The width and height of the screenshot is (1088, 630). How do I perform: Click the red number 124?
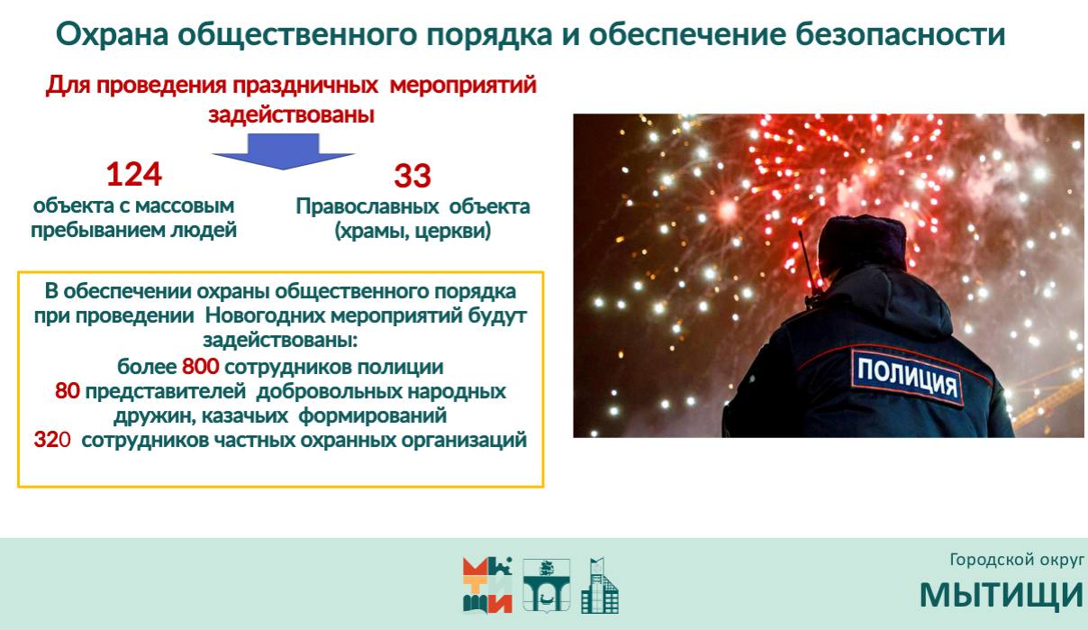click(133, 174)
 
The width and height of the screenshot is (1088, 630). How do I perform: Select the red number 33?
click(413, 176)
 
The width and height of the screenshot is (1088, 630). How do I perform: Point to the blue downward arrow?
click(284, 151)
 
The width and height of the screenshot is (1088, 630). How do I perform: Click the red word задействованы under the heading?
click(292, 114)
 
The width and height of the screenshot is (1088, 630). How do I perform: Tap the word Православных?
click(367, 206)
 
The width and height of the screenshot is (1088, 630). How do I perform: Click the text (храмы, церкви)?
click(413, 231)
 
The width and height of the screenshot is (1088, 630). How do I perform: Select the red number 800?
click(201, 367)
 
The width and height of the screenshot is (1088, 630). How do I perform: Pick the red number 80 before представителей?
click(68, 391)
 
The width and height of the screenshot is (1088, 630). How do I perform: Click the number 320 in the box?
click(52, 440)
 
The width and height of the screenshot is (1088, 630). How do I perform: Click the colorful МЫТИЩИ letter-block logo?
click(487, 585)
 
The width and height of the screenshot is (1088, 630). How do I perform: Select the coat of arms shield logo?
click(547, 585)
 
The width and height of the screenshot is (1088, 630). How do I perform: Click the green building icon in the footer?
click(600, 585)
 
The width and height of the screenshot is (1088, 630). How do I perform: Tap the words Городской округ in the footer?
click(1017, 561)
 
